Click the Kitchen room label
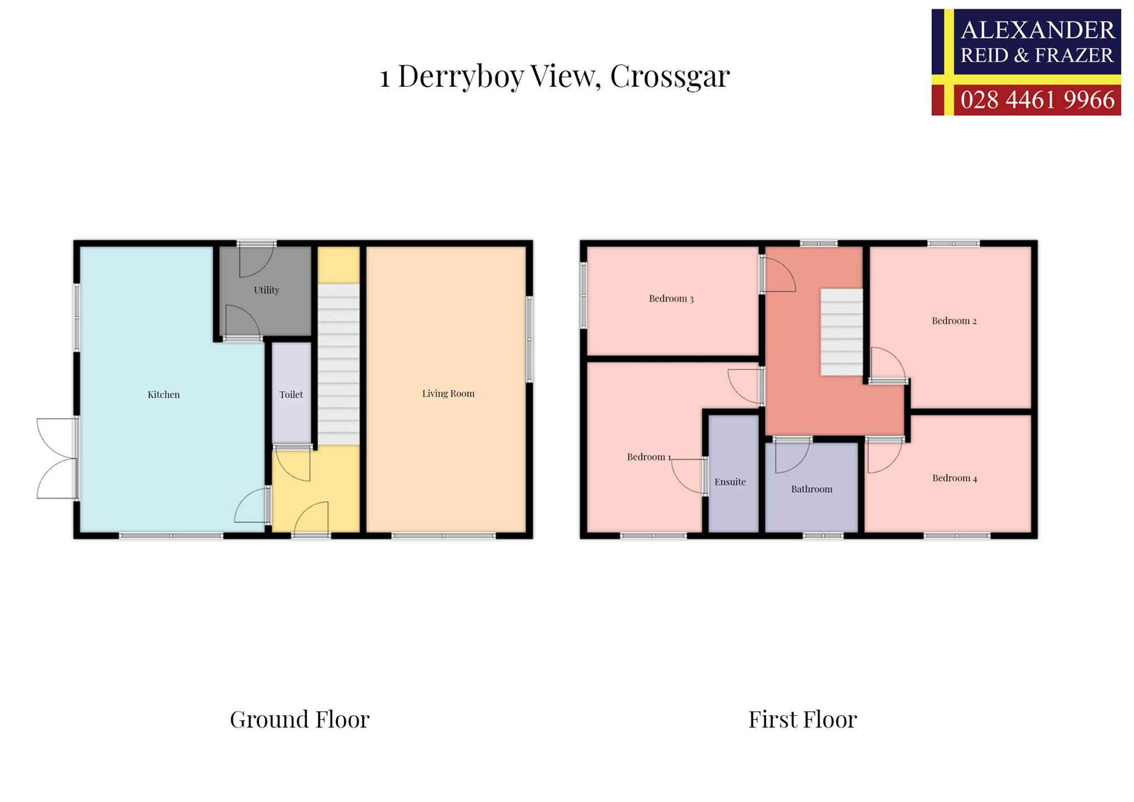(x=163, y=394)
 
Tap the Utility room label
(x=266, y=290)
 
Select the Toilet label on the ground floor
(x=291, y=394)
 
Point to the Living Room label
(x=448, y=394)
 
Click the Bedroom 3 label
(x=671, y=298)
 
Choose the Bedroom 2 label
(x=954, y=320)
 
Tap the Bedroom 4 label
(x=954, y=478)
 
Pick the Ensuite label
(x=730, y=482)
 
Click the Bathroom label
(x=811, y=489)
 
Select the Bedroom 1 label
(x=649, y=457)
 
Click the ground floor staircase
(x=338, y=364)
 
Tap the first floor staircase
(x=841, y=332)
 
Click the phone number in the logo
(x=1037, y=100)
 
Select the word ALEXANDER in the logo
(x=1038, y=29)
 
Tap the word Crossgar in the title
(x=670, y=76)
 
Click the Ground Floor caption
(x=299, y=719)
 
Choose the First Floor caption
(x=802, y=719)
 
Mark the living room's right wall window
(x=530, y=339)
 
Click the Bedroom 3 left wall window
(x=583, y=295)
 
